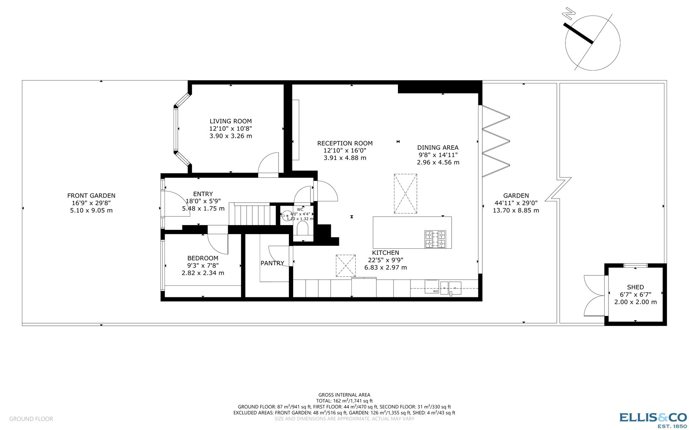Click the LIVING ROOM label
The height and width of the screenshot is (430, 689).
(230, 121)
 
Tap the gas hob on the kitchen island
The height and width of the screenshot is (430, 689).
(435, 239)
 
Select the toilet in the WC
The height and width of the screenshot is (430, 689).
(303, 228)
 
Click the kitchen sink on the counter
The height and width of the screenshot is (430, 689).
(450, 287)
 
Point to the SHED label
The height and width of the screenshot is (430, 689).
(635, 287)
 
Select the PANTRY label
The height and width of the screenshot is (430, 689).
(272, 263)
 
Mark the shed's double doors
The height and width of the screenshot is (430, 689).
(594, 296)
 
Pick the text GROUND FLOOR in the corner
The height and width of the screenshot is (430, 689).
(31, 419)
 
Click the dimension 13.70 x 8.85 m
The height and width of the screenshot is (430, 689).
(516, 210)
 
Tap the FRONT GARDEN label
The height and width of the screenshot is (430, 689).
(91, 196)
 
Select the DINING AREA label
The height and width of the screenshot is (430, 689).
(438, 148)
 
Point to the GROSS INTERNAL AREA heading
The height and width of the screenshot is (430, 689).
(344, 395)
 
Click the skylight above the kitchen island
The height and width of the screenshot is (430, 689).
(405, 193)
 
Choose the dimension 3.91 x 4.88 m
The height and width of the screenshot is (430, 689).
(344, 158)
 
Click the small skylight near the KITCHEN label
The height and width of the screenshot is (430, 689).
(345, 266)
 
